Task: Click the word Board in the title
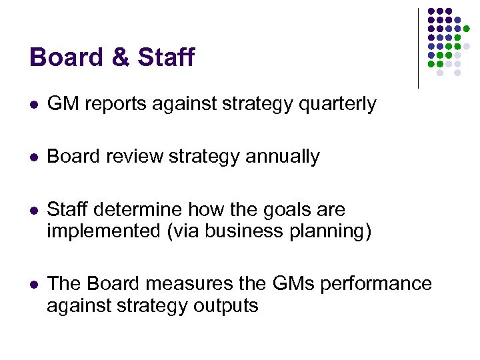point(65,57)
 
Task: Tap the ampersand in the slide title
point(120,57)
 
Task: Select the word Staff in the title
point(166,57)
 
